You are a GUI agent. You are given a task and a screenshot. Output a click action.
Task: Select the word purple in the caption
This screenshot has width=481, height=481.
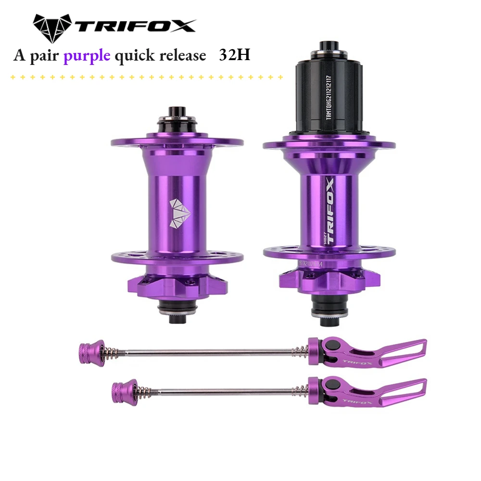[x=87, y=56]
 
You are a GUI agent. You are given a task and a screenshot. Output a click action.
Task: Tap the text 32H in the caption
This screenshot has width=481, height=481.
[x=234, y=55]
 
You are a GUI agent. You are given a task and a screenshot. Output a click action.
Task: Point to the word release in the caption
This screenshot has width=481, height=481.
[x=179, y=55]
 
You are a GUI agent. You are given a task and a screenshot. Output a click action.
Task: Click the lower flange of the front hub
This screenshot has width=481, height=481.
[x=177, y=256]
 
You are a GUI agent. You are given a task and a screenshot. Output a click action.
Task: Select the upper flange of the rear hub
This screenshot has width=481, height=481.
[x=329, y=144]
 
